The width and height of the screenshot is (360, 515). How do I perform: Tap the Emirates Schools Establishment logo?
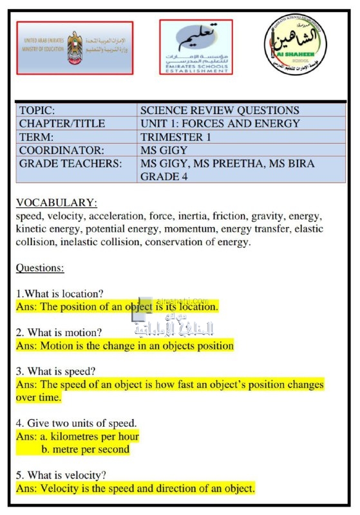tap(196, 47)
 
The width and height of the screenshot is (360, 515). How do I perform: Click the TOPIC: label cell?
tap(76, 110)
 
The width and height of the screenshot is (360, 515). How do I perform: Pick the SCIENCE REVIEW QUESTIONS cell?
tap(220, 110)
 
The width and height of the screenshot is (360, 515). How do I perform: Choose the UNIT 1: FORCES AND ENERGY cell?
tap(220, 124)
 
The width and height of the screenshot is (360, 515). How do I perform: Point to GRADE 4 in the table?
tap(164, 176)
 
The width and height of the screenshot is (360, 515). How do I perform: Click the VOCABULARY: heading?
tap(57, 203)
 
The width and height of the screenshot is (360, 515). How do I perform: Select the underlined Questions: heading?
tap(40, 268)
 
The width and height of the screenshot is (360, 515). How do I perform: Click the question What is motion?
tap(59, 333)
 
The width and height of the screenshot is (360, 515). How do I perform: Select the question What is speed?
tap(56, 371)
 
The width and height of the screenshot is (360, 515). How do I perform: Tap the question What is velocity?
tap(61, 475)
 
